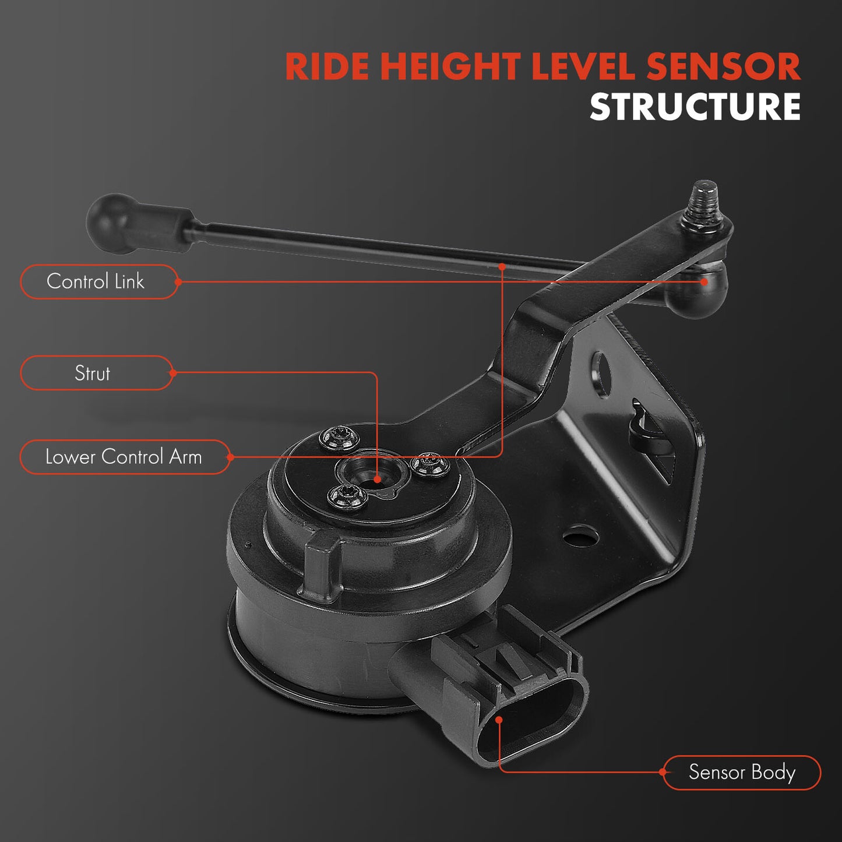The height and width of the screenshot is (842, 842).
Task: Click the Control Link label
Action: (95, 281)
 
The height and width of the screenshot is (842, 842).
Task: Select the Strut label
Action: (92, 373)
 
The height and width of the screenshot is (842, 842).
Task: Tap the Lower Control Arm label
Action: (124, 457)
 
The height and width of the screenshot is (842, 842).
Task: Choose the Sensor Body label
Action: (742, 773)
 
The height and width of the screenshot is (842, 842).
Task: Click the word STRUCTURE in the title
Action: (695, 107)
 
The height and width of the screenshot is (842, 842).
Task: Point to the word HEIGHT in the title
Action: (450, 66)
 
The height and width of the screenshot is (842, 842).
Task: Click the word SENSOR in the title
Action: (723, 66)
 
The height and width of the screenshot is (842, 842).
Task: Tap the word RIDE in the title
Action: (327, 66)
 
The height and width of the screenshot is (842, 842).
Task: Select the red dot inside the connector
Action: (499, 720)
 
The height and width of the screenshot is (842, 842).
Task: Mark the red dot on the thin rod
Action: (502, 266)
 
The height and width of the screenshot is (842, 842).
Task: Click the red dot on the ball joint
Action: (704, 282)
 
